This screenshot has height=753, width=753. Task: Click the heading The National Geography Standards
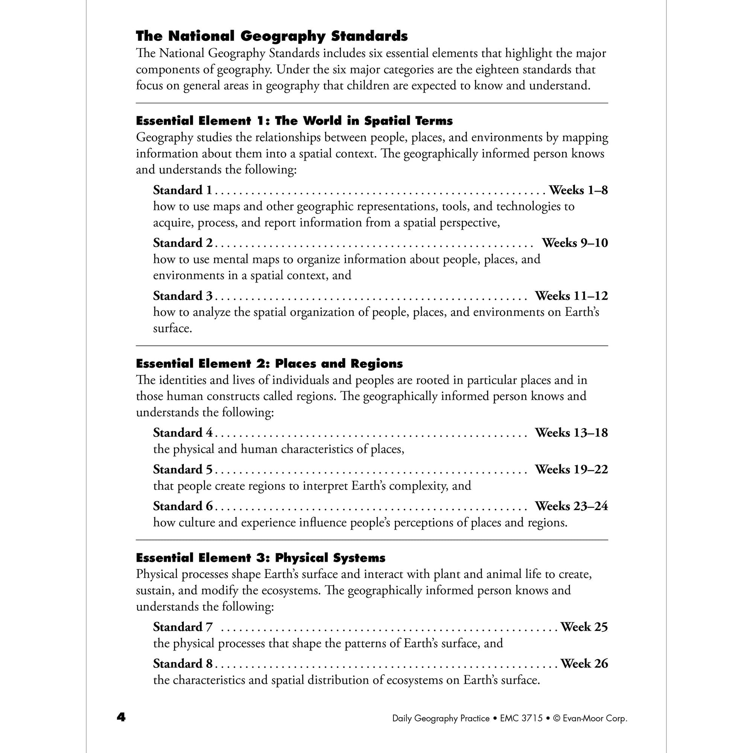(272, 36)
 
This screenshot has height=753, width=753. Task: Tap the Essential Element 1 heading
(294, 121)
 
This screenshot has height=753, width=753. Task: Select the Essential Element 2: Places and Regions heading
(269, 364)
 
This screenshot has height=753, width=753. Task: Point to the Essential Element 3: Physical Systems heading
(261, 558)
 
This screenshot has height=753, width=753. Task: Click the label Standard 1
(182, 190)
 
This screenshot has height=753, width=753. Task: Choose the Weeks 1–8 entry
(578, 190)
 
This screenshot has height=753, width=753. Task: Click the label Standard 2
(183, 243)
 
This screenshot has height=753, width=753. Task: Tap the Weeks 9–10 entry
(575, 243)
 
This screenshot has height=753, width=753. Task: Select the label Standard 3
(183, 296)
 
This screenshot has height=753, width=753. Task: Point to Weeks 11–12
(571, 296)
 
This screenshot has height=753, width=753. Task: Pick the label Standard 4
(183, 433)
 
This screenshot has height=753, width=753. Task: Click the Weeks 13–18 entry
(571, 433)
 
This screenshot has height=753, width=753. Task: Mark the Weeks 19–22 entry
(571, 469)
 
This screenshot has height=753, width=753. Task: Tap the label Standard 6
(183, 506)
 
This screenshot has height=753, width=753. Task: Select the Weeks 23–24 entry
(571, 506)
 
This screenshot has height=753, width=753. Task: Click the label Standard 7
(183, 627)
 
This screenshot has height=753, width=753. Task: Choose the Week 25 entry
(584, 627)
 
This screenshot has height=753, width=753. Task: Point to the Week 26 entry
(584, 663)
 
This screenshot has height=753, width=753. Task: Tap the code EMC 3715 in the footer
(521, 718)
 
